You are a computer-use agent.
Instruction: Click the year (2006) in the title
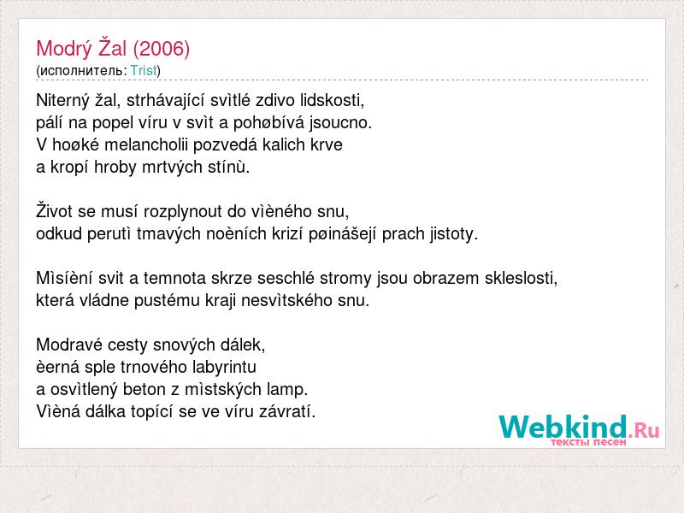(162, 49)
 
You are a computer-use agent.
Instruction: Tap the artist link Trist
(144, 70)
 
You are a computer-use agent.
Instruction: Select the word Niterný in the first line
(63, 101)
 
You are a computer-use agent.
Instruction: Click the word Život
(54, 211)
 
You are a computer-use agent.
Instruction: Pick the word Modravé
(69, 345)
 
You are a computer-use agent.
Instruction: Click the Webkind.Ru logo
(580, 430)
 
